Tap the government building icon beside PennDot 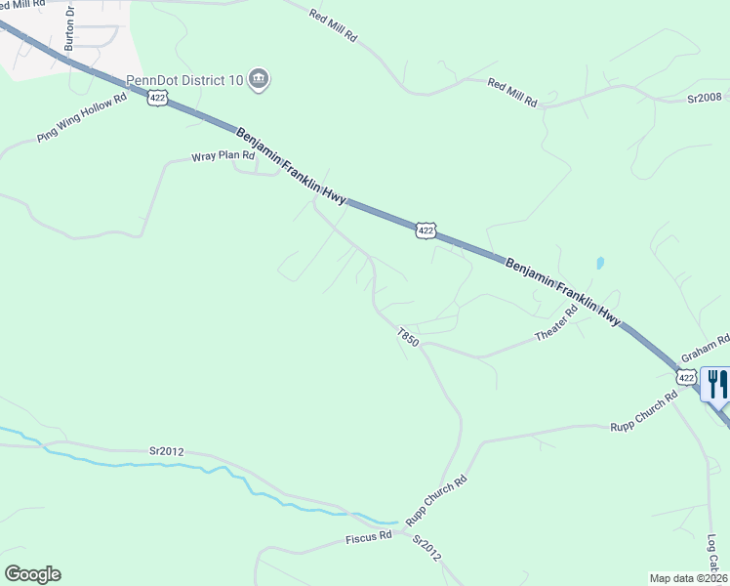point(259,79)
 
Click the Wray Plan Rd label point(223,156)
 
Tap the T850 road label point(408,338)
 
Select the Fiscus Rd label point(368,537)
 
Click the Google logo point(32,573)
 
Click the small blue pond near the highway point(599,264)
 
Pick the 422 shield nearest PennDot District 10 point(157,99)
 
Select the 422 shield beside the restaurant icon point(687,377)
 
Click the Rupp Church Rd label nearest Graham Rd point(643,411)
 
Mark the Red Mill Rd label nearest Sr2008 point(512,93)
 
